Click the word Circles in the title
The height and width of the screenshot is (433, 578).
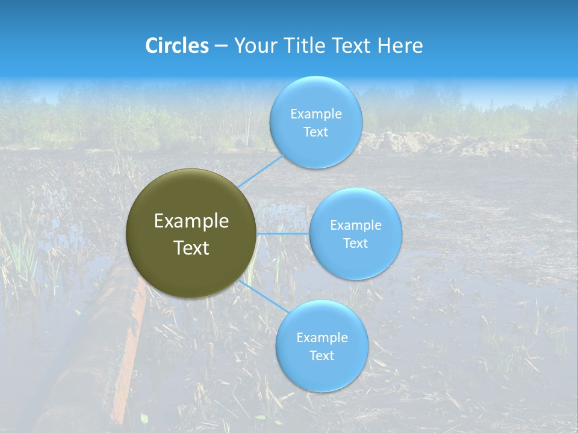[176, 46]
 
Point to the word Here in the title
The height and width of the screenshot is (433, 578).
[400, 46]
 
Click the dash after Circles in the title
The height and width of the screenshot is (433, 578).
[221, 46]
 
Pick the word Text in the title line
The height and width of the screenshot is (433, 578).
[352, 46]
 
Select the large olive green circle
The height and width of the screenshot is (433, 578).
[191, 233]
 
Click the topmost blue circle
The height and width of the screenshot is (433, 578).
[315, 122]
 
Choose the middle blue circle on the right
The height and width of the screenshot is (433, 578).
[355, 233]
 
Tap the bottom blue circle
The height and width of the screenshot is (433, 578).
[322, 346]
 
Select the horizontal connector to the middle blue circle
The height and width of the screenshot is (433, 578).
[282, 233]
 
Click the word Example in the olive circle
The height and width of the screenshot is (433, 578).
[191, 221]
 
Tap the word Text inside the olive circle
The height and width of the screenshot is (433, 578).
[191, 248]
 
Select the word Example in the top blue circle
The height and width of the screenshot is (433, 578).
[315, 114]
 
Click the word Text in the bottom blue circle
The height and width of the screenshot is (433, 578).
[322, 355]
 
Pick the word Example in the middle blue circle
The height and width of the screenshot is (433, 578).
[355, 225]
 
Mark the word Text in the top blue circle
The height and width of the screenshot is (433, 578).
[315, 132]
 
